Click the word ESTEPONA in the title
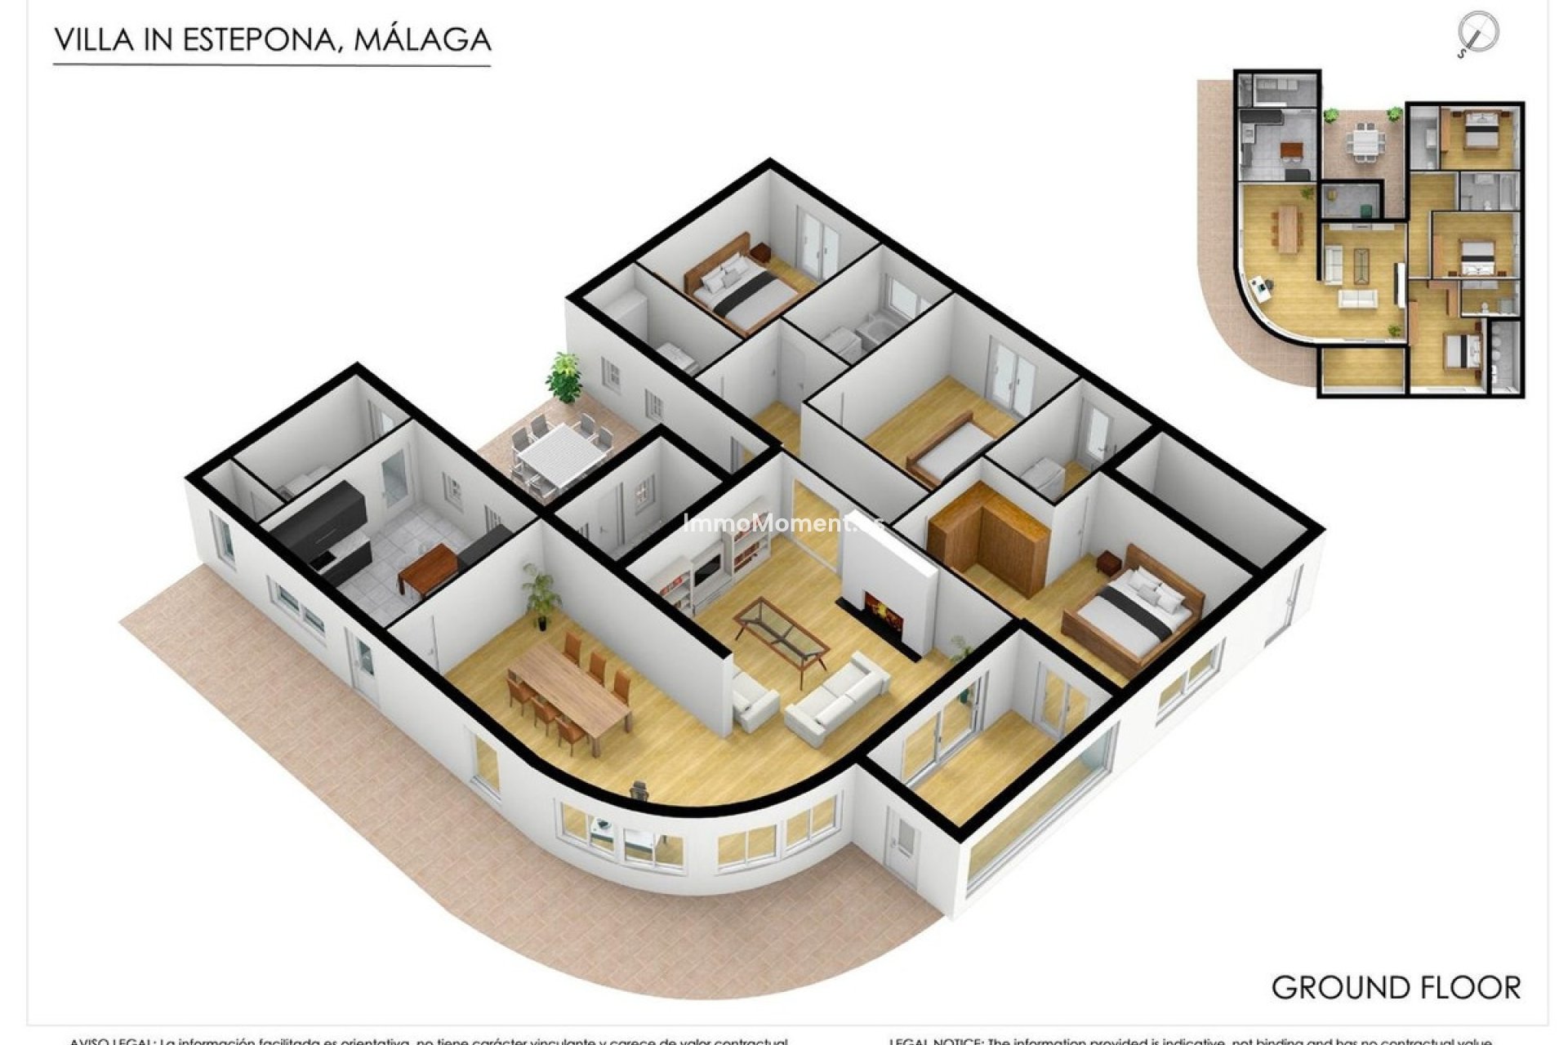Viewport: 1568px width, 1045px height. click(x=259, y=39)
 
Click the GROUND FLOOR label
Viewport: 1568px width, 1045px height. click(x=1396, y=988)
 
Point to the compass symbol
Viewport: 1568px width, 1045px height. click(x=1478, y=35)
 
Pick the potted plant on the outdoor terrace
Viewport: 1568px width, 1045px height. click(x=563, y=377)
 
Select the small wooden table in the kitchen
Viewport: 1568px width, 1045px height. click(x=428, y=568)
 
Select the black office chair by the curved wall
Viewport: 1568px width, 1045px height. click(x=639, y=789)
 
